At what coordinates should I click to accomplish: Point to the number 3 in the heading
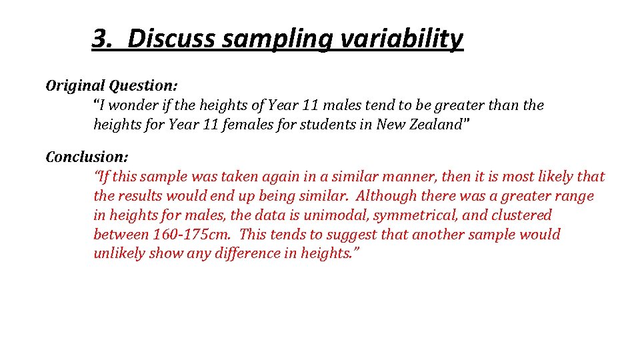100,39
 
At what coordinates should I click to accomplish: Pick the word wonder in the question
132,105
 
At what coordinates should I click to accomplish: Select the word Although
388,196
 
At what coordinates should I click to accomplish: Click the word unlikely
119,254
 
